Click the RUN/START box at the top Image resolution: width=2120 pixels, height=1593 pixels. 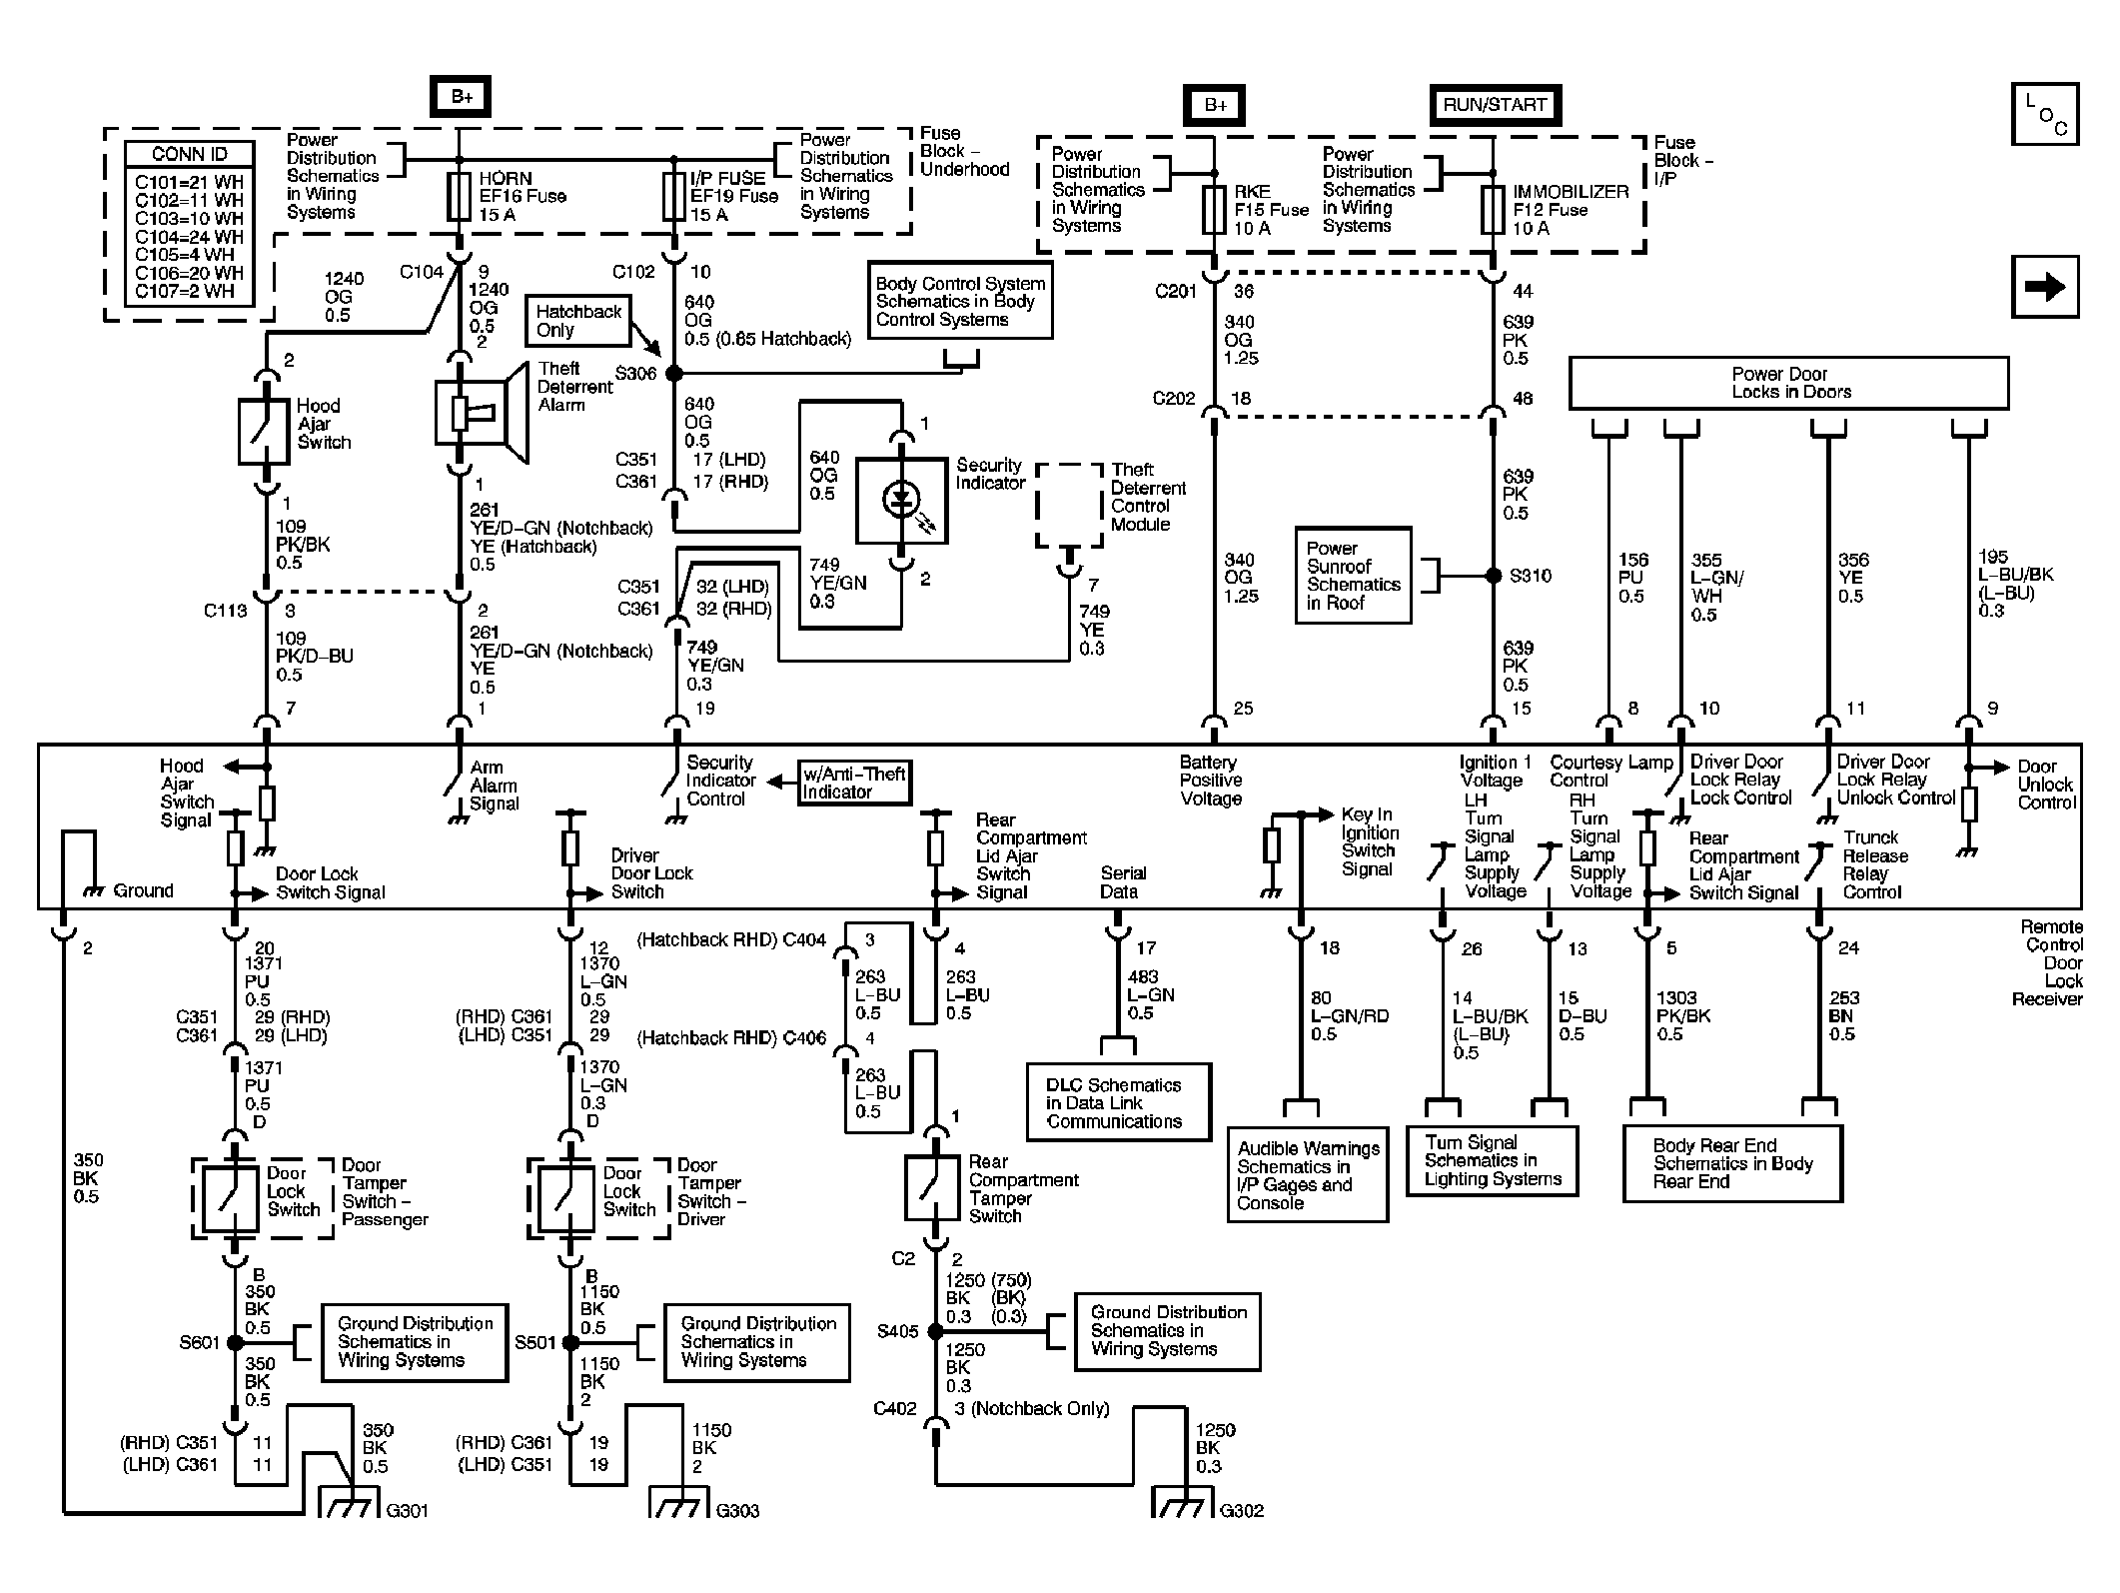click(1495, 105)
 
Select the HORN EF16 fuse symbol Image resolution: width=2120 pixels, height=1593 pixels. click(460, 197)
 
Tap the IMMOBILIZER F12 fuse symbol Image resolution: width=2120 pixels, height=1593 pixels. click(1493, 210)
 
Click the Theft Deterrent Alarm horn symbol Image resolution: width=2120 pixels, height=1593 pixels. click(482, 413)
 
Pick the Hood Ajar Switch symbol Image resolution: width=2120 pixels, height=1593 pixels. click(265, 432)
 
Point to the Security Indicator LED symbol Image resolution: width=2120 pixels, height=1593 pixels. click(902, 500)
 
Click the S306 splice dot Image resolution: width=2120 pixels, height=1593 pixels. click(674, 373)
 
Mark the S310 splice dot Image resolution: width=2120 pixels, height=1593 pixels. click(1494, 576)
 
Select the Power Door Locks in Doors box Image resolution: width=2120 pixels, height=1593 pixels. click(1788, 383)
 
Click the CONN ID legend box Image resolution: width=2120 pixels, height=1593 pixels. click(189, 223)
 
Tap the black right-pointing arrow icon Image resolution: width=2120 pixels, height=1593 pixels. click(2045, 288)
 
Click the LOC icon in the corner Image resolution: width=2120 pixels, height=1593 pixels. click(2045, 114)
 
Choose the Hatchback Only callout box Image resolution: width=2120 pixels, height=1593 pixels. click(578, 321)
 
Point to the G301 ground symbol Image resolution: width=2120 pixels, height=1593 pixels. click(350, 1503)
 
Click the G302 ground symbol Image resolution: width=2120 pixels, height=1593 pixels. click(1184, 1503)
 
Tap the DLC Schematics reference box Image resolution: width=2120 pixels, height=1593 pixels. click(1119, 1102)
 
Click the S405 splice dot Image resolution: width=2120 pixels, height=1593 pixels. click(935, 1332)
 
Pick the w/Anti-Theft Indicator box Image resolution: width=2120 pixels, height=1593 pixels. click(854, 783)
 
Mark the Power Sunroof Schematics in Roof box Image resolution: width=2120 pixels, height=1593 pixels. click(1353, 576)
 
